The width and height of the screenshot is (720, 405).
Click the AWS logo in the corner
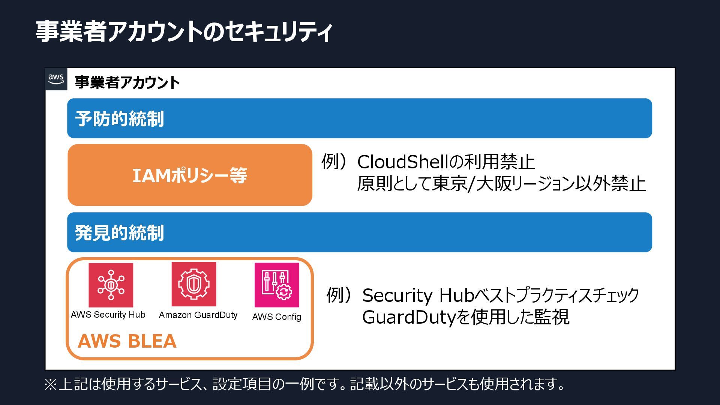coord(56,79)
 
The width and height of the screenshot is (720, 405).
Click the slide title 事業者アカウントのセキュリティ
coord(184,31)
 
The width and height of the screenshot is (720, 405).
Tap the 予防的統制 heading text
coord(119,119)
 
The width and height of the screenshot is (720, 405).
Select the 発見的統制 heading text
coord(119,233)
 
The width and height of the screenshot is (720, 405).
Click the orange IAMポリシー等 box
coord(190,175)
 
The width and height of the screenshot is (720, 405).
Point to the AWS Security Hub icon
coord(111,285)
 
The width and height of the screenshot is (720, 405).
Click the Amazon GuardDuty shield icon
coord(193,284)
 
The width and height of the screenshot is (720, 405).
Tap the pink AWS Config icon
coord(277,285)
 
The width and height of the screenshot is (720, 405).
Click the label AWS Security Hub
coord(108,315)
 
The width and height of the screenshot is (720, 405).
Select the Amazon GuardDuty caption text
coord(198,315)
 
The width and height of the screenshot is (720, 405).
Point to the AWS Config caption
coord(277,317)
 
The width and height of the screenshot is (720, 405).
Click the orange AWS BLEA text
coord(127,341)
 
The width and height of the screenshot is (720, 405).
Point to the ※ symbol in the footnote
coord(51,384)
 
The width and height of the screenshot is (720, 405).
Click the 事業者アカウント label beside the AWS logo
coord(127,82)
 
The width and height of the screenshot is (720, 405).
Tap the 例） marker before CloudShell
coord(335,162)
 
